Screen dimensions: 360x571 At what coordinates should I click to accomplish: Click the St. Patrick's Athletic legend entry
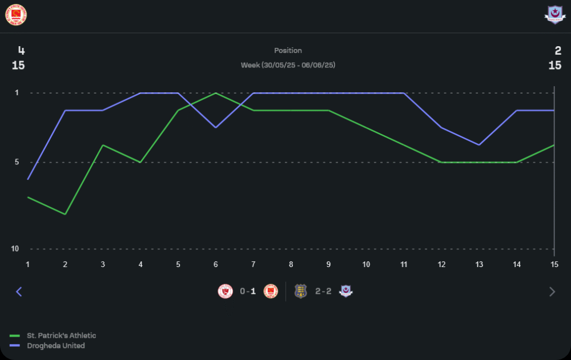[x=61, y=335]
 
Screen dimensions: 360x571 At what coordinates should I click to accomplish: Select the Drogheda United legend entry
[x=55, y=346]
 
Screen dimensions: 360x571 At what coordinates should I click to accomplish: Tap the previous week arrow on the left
[x=19, y=292]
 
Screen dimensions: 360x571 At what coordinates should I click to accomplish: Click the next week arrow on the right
[x=552, y=292]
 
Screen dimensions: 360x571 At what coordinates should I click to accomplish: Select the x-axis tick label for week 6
[x=216, y=264]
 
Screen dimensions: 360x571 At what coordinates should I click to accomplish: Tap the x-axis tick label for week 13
[x=479, y=264]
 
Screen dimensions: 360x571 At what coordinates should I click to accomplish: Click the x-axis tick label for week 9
[x=328, y=264]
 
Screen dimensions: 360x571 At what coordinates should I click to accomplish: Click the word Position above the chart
[x=288, y=51]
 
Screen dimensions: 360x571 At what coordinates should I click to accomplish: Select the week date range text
[x=288, y=65]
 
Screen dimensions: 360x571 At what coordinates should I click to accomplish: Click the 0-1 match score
[x=248, y=292]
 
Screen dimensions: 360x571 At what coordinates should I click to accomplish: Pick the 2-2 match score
[x=323, y=292]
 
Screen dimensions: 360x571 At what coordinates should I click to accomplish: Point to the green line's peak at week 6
[x=216, y=93]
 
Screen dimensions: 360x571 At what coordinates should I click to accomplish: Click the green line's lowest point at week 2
[x=65, y=214]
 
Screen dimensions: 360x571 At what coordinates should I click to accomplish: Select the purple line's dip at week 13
[x=479, y=145]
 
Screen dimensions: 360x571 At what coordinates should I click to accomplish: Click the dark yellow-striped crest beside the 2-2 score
[x=300, y=292]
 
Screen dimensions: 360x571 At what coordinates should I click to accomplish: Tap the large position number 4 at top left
[x=22, y=51]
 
